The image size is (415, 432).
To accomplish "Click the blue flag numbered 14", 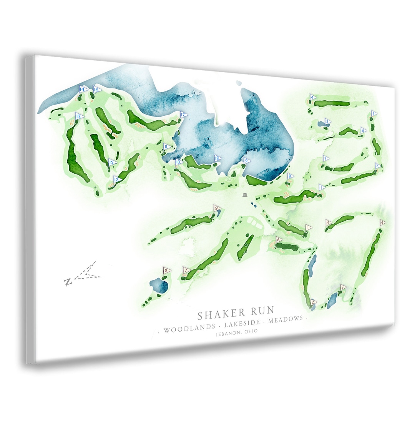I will tap(82, 90).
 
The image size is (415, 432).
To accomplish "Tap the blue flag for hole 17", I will tap(183, 115).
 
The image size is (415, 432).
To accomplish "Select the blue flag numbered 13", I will tap(79, 116).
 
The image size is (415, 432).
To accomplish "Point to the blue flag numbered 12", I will tap(116, 179).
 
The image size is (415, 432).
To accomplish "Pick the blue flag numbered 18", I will tap(217, 158).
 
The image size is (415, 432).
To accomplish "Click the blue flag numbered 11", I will tap(166, 146).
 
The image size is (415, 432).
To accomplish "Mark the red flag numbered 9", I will tap(217, 209).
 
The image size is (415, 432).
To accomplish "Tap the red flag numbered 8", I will tap(166, 271).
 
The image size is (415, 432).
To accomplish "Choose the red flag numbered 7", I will tap(186, 271).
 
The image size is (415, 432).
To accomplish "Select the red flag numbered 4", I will tap(382, 223).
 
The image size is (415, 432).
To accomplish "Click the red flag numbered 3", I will tap(343, 287).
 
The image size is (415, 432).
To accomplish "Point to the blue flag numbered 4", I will tap(313, 97).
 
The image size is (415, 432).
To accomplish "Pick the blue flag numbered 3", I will tap(373, 113).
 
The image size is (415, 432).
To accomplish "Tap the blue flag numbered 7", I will tap(325, 158).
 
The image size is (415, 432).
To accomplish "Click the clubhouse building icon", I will tap(246, 195).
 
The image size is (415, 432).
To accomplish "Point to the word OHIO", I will tap(250, 331).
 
